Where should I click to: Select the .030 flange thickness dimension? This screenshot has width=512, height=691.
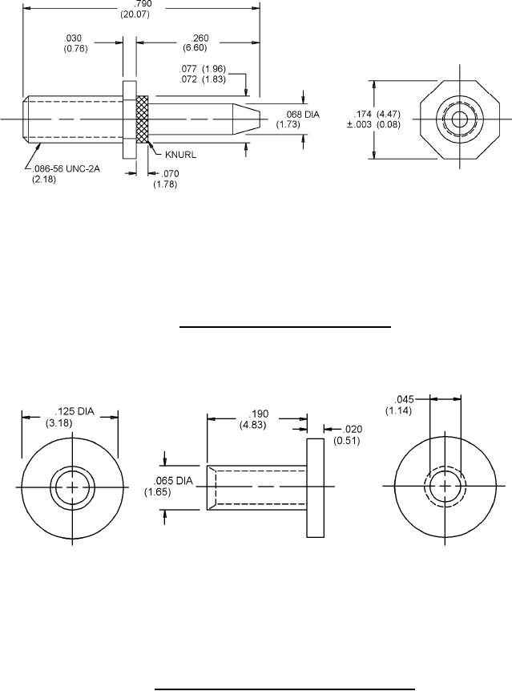[x=75, y=42]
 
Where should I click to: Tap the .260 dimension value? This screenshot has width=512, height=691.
[x=196, y=42]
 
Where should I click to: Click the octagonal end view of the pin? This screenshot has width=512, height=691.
[x=460, y=120]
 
